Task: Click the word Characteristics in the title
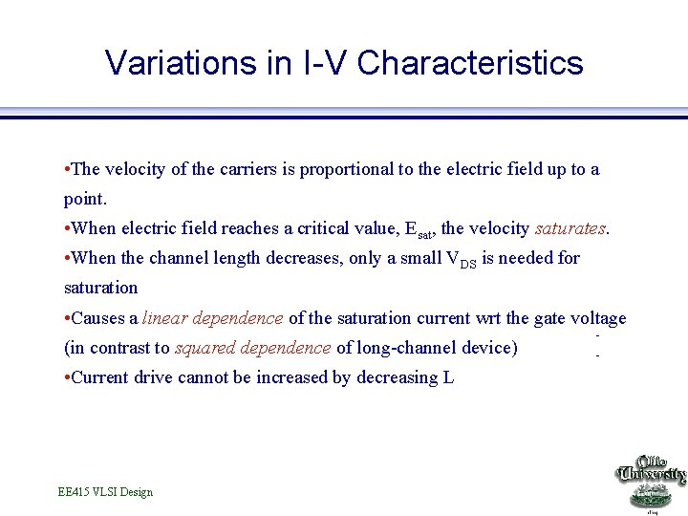(469, 63)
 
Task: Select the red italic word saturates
(570, 228)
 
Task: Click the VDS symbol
(462, 260)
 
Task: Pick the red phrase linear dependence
(212, 318)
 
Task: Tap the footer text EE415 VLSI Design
(105, 492)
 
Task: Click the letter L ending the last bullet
(448, 377)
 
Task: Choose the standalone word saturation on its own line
(100, 288)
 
